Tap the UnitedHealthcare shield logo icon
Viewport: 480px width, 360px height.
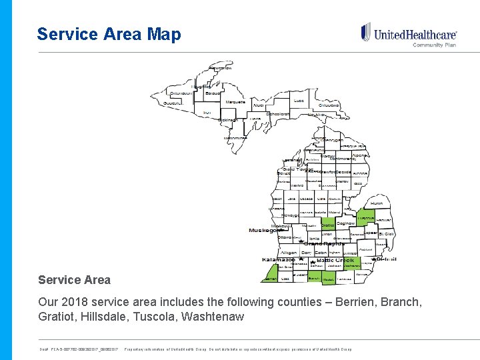[365, 32]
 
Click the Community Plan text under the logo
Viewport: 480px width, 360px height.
[435, 45]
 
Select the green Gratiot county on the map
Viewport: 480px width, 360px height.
[327, 225]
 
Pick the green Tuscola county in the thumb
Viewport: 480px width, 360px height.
[365, 217]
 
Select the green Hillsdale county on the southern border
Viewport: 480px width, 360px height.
[329, 279]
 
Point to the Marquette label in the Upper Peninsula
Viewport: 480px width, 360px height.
[235, 102]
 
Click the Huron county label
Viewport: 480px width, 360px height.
[377, 202]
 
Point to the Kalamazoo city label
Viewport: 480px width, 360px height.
[279, 259]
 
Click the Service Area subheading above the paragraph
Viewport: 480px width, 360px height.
[74, 280]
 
